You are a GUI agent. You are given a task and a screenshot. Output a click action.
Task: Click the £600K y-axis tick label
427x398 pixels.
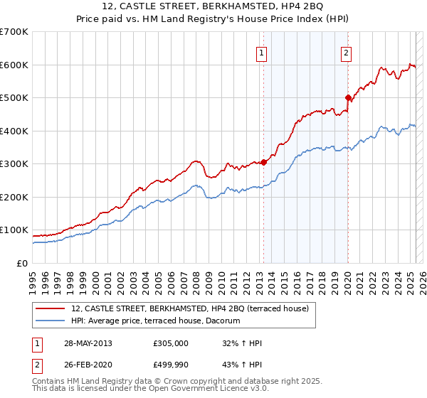click(x=14, y=65)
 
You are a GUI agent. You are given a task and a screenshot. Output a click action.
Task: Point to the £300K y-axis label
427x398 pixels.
click(x=14, y=164)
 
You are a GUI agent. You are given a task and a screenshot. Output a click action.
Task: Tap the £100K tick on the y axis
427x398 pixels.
click(x=14, y=230)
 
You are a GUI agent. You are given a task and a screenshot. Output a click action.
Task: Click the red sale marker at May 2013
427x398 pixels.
click(x=264, y=162)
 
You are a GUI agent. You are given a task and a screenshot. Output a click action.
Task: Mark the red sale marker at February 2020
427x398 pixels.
click(x=348, y=97)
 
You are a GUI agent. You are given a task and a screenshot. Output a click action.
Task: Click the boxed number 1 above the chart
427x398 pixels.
click(x=261, y=53)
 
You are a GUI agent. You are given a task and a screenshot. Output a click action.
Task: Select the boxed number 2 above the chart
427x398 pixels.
click(x=346, y=53)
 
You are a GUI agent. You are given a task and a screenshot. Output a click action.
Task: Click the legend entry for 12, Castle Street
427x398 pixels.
click(x=189, y=308)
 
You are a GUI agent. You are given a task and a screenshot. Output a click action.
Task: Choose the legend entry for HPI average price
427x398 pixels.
click(x=155, y=321)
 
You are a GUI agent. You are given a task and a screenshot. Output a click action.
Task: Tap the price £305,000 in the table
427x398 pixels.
click(x=171, y=343)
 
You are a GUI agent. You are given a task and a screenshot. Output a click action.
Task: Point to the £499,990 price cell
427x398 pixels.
click(x=171, y=365)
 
